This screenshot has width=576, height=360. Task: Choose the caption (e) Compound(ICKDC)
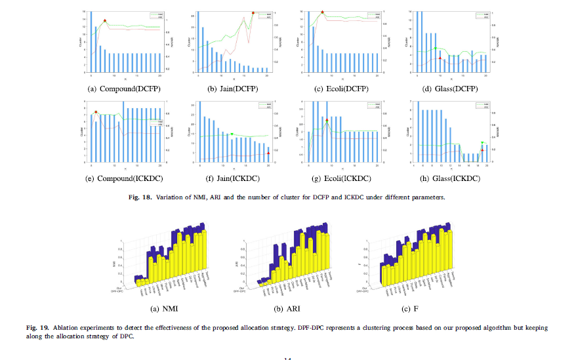[x=124, y=178]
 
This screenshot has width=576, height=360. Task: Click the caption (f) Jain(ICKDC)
[x=233, y=178]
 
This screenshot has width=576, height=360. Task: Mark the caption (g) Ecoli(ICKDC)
[x=341, y=178]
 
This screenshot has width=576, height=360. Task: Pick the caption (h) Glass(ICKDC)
[x=449, y=178]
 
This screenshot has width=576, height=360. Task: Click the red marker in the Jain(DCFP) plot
[x=253, y=12]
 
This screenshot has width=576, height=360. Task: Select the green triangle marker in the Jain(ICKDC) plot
[x=232, y=134]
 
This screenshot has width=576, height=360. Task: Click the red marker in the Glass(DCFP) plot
[x=440, y=58]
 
